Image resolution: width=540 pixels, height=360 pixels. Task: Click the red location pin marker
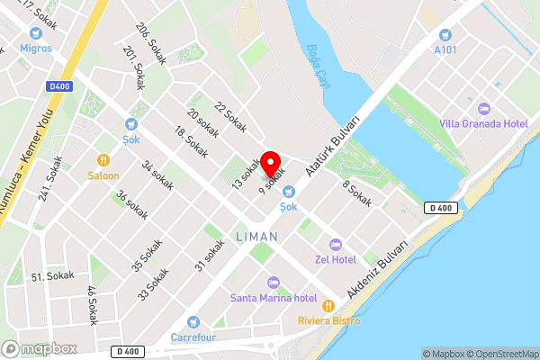point(270,158)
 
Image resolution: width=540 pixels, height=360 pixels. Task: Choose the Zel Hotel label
point(336,259)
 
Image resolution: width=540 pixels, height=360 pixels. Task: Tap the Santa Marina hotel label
point(273,297)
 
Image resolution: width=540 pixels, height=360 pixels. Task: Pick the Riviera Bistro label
point(329,320)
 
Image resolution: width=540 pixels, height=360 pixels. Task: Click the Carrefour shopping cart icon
point(192,322)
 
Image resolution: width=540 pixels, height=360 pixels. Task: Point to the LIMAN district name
point(256,236)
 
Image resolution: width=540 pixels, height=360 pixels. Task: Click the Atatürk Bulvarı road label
point(333,144)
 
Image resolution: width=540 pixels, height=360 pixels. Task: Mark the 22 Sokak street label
point(230,115)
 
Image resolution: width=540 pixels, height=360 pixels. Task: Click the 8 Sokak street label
point(356,193)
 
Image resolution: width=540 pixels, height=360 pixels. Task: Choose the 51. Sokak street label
point(51,276)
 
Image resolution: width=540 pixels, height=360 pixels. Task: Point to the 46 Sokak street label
point(91,305)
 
